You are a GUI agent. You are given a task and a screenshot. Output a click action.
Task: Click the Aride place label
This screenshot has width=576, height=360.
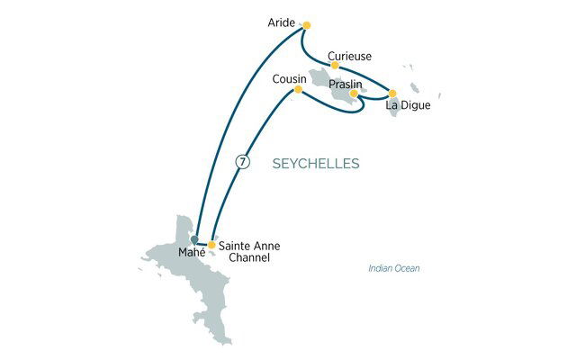282,22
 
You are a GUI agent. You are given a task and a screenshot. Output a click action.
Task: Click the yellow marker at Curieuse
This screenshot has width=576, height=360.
335,65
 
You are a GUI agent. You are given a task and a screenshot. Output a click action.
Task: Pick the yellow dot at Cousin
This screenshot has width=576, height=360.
298,88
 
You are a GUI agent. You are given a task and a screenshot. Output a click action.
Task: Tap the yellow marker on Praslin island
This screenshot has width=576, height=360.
354,93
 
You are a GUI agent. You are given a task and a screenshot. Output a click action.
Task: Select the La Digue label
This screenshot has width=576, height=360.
408,106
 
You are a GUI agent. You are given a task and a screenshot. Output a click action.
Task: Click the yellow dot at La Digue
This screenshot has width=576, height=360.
391,93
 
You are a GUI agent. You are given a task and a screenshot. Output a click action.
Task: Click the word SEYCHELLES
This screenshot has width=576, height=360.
315,164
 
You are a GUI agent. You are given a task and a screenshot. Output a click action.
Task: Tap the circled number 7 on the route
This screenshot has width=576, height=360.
240,162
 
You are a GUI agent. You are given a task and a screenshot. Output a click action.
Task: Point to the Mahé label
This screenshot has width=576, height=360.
192,252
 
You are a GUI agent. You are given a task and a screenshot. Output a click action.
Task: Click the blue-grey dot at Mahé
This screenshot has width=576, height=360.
194,239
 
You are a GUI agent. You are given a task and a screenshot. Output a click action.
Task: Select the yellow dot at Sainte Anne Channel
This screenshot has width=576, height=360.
211,244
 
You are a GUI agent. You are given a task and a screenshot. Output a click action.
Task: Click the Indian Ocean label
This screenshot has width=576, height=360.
394,269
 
